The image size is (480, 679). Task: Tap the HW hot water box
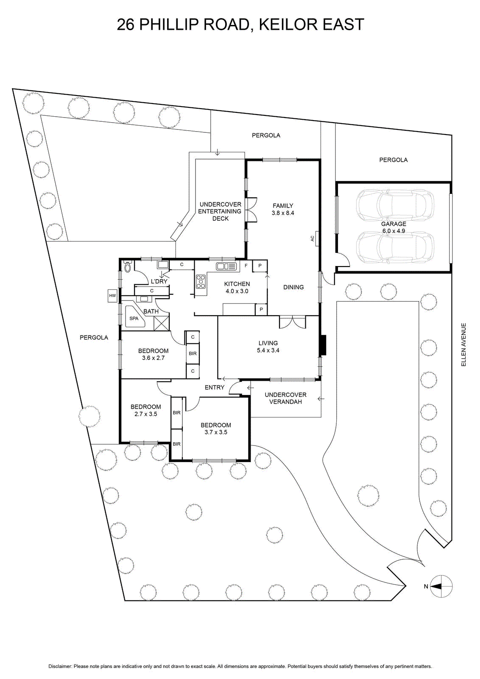click(113, 295)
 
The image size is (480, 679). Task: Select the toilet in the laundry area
click(127, 267)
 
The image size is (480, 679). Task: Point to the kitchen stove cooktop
click(200, 281)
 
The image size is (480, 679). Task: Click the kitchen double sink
click(226, 266)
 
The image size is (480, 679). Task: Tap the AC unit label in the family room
click(313, 239)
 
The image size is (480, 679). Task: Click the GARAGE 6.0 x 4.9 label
click(393, 227)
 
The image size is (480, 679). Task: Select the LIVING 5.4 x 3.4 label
click(268, 346)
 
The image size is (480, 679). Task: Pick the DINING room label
click(293, 287)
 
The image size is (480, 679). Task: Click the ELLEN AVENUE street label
click(463, 345)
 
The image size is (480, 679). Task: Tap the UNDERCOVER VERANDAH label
click(285, 398)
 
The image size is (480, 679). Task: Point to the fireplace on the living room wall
click(323, 345)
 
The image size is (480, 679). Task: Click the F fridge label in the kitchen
click(246, 266)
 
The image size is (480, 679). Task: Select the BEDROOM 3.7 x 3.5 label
click(216, 429)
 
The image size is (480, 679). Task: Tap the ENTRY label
click(215, 387)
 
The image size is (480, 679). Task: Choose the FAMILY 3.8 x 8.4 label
click(283, 209)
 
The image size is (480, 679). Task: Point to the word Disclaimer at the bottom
click(60, 664)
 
